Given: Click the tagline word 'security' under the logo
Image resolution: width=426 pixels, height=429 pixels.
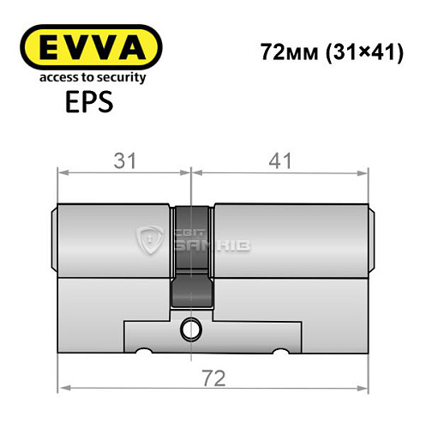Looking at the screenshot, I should pyautogui.click(x=123, y=78).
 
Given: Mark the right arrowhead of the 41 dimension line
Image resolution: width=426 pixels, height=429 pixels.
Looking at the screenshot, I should pyautogui.click(x=366, y=174).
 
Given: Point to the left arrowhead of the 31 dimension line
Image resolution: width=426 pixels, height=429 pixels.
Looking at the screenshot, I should pyautogui.click(x=61, y=174).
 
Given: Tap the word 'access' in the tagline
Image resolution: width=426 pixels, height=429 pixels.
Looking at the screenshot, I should pyautogui.click(x=51, y=78).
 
